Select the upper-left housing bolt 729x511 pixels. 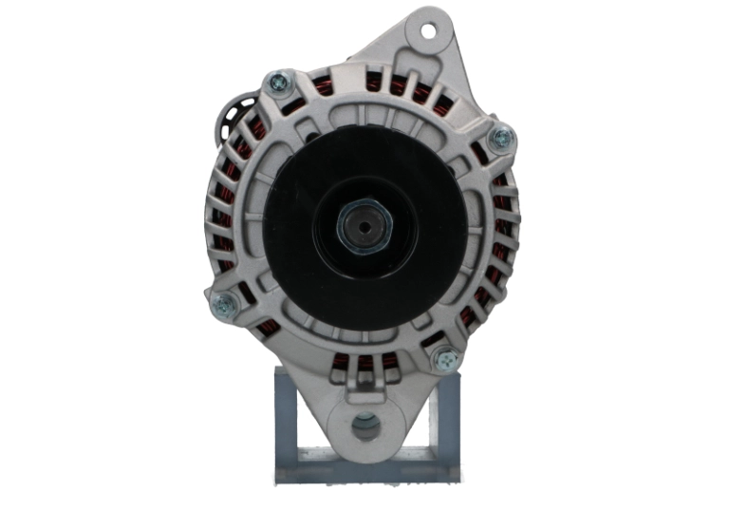click(x=279, y=83)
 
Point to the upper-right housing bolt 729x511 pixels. click(x=500, y=139)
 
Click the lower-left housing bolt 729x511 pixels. click(x=223, y=304)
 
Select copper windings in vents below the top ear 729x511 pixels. click(x=399, y=85)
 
